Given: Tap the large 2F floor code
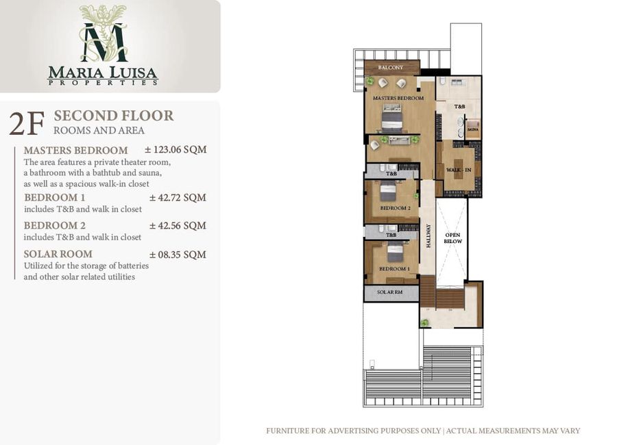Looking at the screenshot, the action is click(x=26, y=124).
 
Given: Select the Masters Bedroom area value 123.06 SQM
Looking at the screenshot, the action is click(x=176, y=149).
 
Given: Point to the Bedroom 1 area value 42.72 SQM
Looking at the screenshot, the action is click(x=178, y=197).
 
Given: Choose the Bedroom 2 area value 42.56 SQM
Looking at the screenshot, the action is click(x=178, y=226).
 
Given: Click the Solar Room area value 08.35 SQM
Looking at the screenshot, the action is click(x=178, y=255).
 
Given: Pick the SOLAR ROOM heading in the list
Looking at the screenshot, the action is click(x=58, y=254).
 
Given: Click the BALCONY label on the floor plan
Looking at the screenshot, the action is click(x=390, y=68).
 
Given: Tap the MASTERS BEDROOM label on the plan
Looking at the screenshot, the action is click(x=398, y=98).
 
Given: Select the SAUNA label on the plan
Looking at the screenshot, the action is click(x=472, y=129).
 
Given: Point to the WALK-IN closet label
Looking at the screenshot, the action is click(x=459, y=170).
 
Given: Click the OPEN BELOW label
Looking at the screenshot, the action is click(x=453, y=238).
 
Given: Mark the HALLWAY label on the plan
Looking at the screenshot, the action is click(x=428, y=236).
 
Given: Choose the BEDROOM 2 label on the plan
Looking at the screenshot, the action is click(x=395, y=208).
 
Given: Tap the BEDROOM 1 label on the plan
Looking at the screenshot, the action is click(x=394, y=269).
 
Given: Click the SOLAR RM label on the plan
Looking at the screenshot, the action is click(x=389, y=292).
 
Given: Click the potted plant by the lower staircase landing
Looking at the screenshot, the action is click(x=424, y=323).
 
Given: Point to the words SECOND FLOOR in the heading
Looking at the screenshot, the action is click(x=114, y=116).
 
